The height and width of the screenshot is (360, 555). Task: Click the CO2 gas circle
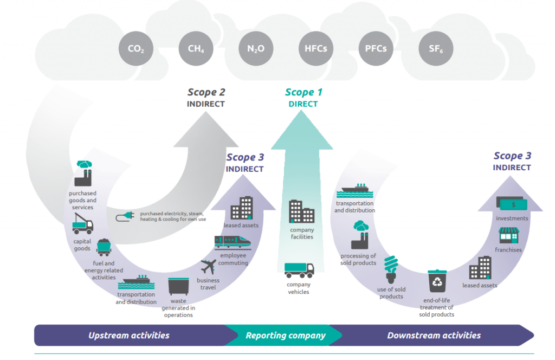(x=136, y=49)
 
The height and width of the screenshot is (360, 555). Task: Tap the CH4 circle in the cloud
(x=196, y=49)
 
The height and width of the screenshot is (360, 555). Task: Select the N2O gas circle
(x=256, y=49)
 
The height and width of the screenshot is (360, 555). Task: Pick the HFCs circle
(x=315, y=49)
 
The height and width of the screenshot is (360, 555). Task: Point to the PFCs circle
(x=376, y=49)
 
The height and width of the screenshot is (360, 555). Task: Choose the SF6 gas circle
(x=436, y=49)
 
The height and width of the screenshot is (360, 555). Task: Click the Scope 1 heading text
(x=304, y=92)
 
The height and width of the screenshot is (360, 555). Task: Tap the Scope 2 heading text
(x=206, y=92)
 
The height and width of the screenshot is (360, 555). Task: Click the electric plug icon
(x=125, y=217)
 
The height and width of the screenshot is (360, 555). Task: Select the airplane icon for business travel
(x=208, y=267)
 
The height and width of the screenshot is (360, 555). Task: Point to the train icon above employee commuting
(x=233, y=241)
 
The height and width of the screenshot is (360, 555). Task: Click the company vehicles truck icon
(x=299, y=270)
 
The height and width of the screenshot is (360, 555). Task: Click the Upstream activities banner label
(x=129, y=335)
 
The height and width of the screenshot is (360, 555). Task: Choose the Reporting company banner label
(x=286, y=335)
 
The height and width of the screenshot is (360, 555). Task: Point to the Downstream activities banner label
(x=434, y=335)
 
